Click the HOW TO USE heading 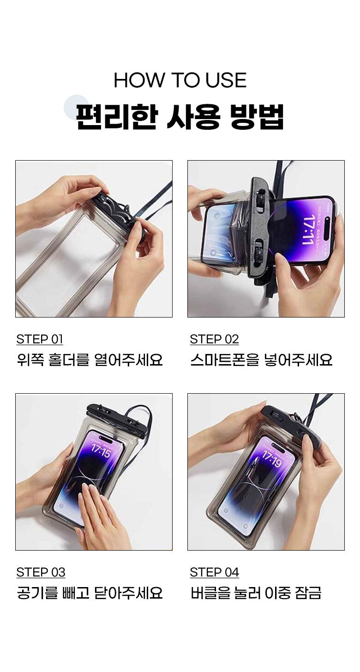(180, 80)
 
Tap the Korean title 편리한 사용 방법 (180, 117)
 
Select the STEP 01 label (40, 339)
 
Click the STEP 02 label (214, 339)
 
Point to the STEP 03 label (41, 572)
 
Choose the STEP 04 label (215, 572)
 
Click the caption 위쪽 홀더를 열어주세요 (90, 360)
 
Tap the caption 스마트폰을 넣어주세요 (262, 360)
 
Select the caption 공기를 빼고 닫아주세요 (90, 593)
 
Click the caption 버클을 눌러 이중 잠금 (256, 593)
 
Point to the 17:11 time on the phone (310, 229)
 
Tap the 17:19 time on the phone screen (272, 459)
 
